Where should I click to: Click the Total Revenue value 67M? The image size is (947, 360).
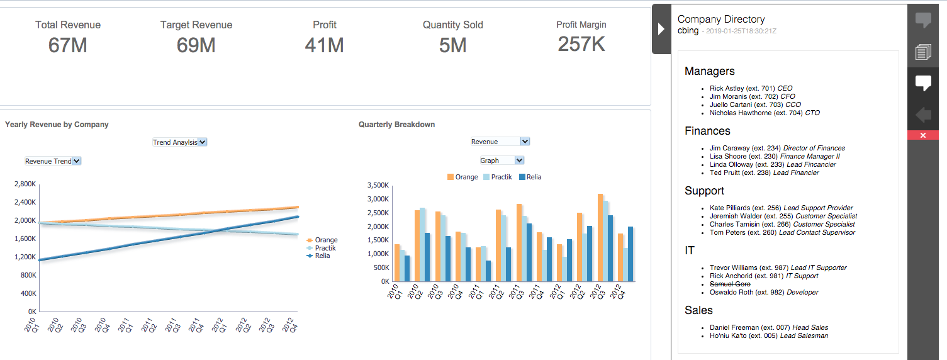(67, 45)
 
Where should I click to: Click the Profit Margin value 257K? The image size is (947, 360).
(581, 44)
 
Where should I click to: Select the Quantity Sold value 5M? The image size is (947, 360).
(452, 45)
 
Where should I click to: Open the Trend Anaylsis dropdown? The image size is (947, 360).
(180, 142)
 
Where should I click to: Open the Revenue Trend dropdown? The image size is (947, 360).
(53, 161)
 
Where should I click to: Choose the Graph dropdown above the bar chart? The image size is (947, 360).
(502, 160)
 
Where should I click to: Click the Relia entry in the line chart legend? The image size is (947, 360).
(322, 256)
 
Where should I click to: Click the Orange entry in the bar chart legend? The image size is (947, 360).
(462, 177)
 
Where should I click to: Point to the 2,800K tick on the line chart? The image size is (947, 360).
(25, 184)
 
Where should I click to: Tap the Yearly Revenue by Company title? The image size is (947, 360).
(57, 125)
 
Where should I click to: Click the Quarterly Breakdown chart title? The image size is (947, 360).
(396, 125)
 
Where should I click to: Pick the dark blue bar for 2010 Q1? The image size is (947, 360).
(407, 268)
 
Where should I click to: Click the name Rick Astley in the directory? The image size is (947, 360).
(726, 89)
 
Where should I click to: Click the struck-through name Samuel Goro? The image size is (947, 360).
(730, 284)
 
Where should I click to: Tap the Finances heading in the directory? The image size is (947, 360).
(707, 131)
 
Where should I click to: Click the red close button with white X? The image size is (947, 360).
(922, 135)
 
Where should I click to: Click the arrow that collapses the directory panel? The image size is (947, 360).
(661, 29)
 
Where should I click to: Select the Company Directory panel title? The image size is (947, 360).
(721, 20)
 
